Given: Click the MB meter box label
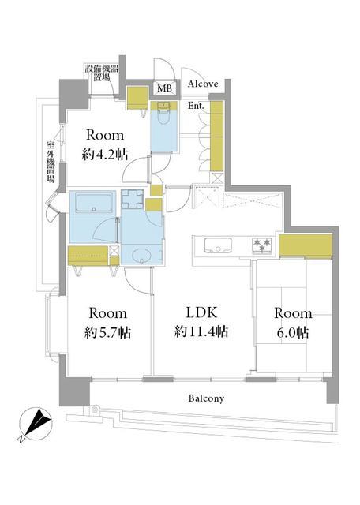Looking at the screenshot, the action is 165,88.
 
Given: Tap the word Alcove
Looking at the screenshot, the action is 203,84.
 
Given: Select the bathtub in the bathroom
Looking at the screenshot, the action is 94,202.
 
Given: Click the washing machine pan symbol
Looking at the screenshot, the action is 133,200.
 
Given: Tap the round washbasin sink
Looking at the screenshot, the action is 141,256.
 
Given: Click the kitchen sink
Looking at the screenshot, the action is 218,245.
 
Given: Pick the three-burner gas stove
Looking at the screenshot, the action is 263,245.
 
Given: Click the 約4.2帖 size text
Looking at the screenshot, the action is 105,155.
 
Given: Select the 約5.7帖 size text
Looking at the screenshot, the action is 107,332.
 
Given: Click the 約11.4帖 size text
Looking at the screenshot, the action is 202,331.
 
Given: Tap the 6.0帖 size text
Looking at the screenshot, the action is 293,332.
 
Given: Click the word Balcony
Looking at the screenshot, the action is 206,398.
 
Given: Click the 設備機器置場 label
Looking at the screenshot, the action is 102,73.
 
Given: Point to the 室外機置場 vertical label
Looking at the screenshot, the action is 51,162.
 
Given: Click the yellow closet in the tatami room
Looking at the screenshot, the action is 306,245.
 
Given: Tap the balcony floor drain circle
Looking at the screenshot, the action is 95,410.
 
